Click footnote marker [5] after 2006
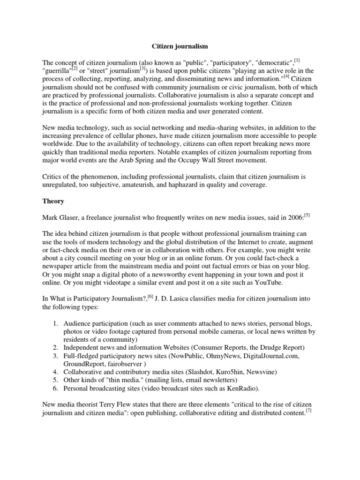click(307, 215)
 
